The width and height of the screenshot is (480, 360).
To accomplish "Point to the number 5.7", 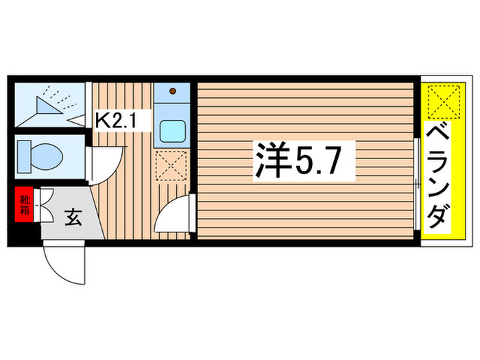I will [323, 163].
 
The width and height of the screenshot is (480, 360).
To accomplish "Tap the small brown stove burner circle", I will [173, 91].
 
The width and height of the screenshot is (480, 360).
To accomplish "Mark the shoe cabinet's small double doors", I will [44, 204].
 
